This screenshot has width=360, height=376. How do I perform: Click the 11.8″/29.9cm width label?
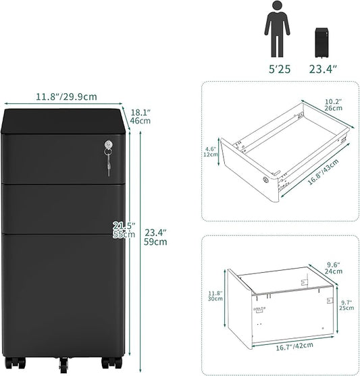pyautogui.click(x=66, y=97)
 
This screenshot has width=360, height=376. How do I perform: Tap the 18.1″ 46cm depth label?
pyautogui.click(x=140, y=117)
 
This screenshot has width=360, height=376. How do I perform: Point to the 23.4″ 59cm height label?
pyautogui.click(x=155, y=237)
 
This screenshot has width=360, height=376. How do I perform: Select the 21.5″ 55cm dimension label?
pyautogui.click(x=124, y=230)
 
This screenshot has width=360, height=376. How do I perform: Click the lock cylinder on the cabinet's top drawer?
pyautogui.click(x=109, y=144)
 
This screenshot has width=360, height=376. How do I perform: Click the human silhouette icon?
pyautogui.click(x=277, y=29)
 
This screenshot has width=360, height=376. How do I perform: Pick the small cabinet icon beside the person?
pyautogui.click(x=322, y=43)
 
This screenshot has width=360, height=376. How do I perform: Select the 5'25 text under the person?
pyautogui.click(x=280, y=69)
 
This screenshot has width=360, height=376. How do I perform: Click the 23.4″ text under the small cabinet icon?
pyautogui.click(x=323, y=69)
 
